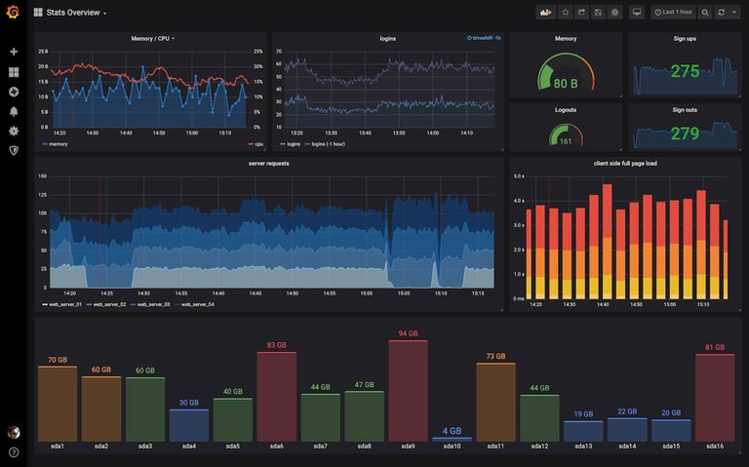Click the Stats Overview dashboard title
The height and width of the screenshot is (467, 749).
point(76,13)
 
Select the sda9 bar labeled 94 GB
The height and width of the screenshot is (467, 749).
point(408,390)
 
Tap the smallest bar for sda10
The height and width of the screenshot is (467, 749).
point(452,439)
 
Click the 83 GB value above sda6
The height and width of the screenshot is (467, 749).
point(276,345)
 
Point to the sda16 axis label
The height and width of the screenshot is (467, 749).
point(714,447)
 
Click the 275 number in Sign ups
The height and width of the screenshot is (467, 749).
point(685,71)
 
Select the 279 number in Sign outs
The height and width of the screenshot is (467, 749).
point(685,134)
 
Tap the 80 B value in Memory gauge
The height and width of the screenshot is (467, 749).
point(566,84)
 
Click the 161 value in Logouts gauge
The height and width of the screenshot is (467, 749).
point(566,141)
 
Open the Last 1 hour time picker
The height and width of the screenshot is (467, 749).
point(673,13)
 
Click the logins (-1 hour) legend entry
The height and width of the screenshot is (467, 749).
point(327,143)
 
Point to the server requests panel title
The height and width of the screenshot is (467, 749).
point(268,164)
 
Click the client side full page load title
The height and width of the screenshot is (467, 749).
point(624,164)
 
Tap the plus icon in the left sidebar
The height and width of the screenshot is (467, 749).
point(14,52)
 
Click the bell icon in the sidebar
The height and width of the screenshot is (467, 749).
point(14,111)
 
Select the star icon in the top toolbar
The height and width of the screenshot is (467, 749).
point(565,13)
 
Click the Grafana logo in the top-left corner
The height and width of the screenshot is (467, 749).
point(13,13)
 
